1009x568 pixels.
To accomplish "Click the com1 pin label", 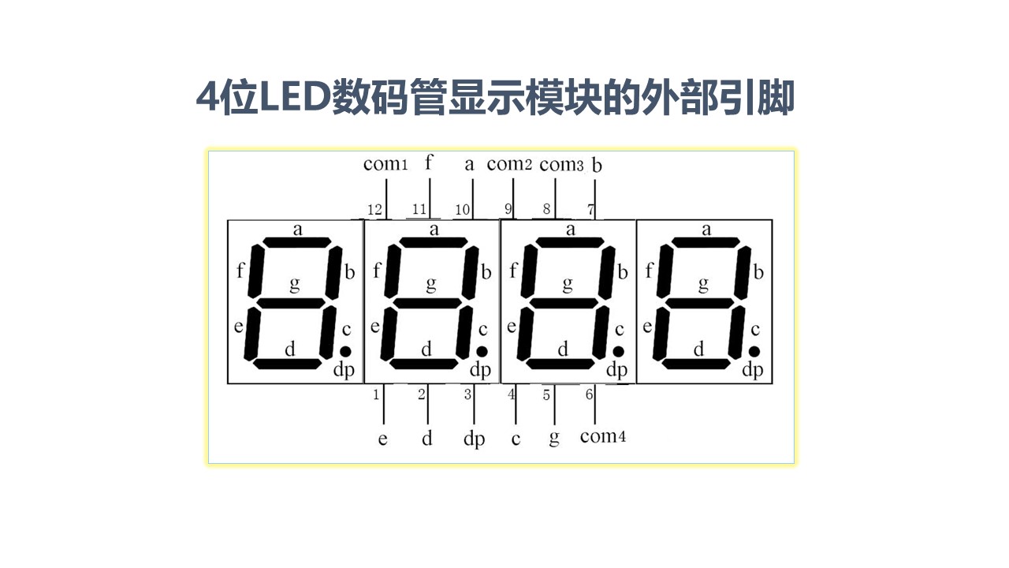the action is point(385,164).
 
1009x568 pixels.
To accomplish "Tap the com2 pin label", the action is point(509,164).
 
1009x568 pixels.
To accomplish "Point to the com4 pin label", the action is point(602,436).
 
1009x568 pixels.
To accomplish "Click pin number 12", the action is point(375,209).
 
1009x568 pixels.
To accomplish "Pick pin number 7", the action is point(591,209).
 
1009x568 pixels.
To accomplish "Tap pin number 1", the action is point(376,394).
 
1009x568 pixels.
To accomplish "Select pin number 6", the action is point(590,394).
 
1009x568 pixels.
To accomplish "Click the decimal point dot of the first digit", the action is point(345,351).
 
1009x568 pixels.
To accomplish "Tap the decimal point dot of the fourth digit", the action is point(754,351).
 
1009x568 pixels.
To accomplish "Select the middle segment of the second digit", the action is point(430,303).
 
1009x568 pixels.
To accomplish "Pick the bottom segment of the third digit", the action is point(561,364).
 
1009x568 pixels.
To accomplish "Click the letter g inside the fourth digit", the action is point(703,284).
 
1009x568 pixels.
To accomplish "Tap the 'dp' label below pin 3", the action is point(474,439).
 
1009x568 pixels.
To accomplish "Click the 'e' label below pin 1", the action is point(382,439).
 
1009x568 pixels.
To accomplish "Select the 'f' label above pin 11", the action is point(429,163).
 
